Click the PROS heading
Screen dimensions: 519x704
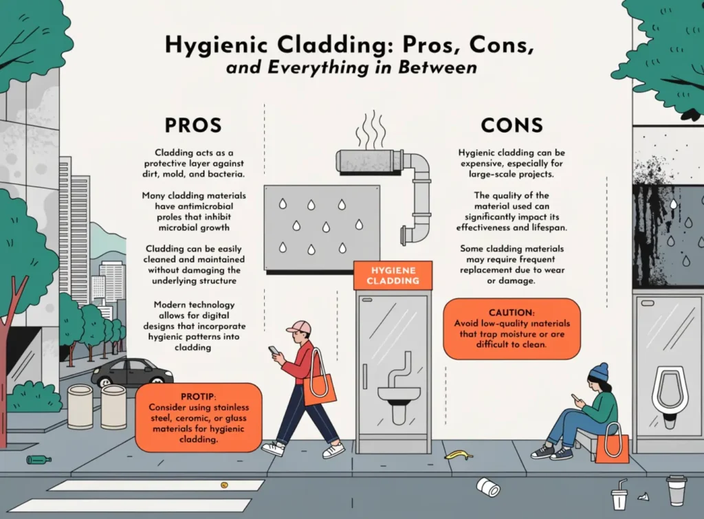[192, 125]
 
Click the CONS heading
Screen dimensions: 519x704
[511, 125]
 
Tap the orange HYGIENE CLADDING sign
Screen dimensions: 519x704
[393, 276]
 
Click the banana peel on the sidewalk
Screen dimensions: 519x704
[458, 454]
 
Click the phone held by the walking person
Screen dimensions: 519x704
[274, 350]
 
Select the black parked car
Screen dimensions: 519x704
[132, 372]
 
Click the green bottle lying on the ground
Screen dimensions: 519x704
[38, 459]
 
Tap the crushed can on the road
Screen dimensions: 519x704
[488, 487]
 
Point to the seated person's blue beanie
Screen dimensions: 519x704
[599, 372]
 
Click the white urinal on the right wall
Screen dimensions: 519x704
[670, 399]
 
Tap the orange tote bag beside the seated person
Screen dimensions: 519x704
[611, 445]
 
